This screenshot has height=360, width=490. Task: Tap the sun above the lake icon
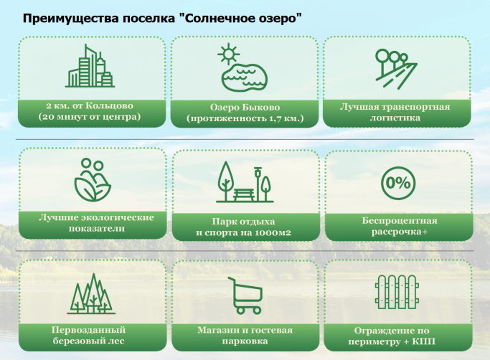[x=229, y=54]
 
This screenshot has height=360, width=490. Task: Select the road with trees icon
[x=396, y=69]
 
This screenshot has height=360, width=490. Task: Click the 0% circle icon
[x=398, y=183]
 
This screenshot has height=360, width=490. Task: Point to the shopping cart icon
[x=245, y=295]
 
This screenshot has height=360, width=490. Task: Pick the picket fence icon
[x=397, y=292]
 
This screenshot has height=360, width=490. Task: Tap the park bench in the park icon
[x=245, y=194]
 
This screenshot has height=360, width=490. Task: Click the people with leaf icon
[x=93, y=180]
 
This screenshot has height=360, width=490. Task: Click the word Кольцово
[x=109, y=105]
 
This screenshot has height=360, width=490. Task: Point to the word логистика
[x=395, y=118]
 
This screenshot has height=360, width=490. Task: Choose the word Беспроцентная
[x=400, y=221]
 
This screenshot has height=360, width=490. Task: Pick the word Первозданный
[x=88, y=330]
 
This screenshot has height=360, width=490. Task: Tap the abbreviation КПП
[x=423, y=341]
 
